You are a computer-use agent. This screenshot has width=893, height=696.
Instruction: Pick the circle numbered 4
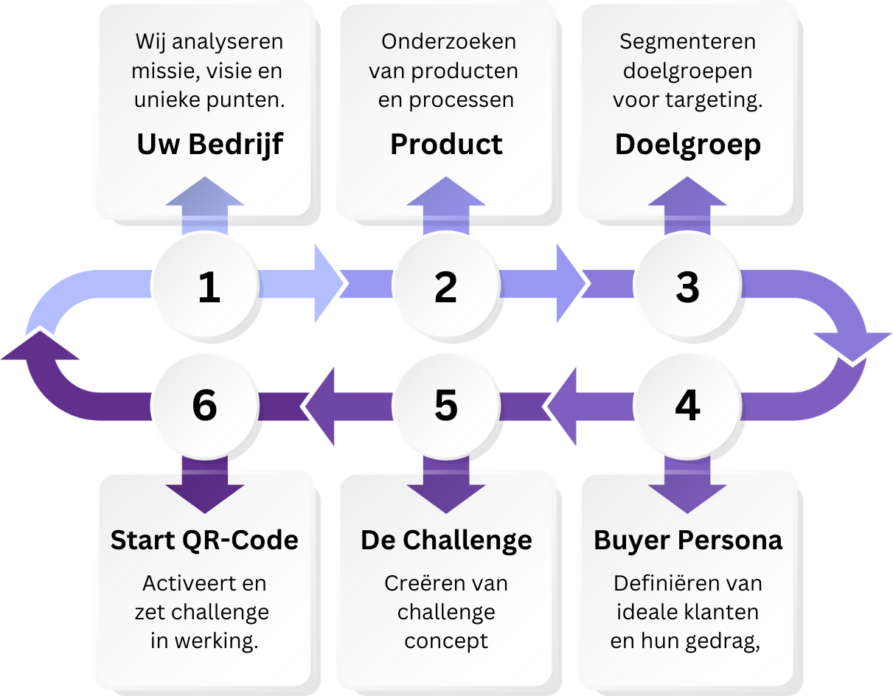pyautogui.click(x=687, y=406)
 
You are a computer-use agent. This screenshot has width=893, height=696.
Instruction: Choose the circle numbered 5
pyautogui.click(x=446, y=406)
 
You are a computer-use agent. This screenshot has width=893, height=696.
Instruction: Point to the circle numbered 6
pyautogui.click(x=206, y=406)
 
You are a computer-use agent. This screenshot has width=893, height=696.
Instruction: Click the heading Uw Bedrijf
pyautogui.click(x=209, y=145)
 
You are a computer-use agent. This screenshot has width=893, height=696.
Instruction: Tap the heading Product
pyautogui.click(x=446, y=145)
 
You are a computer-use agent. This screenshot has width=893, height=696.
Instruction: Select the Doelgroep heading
pyautogui.click(x=687, y=145)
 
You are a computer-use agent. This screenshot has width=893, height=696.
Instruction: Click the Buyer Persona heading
pyautogui.click(x=687, y=540)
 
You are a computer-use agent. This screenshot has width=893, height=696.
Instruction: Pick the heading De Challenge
pyautogui.click(x=446, y=540)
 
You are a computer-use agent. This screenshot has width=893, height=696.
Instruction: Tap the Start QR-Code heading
pyautogui.click(x=205, y=540)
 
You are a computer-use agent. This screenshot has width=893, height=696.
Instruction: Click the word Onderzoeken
pyautogui.click(x=448, y=42)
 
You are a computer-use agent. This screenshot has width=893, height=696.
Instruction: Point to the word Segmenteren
pyautogui.click(x=687, y=42)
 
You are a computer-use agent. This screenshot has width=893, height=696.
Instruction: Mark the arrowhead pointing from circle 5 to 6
pyautogui.click(x=322, y=406)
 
